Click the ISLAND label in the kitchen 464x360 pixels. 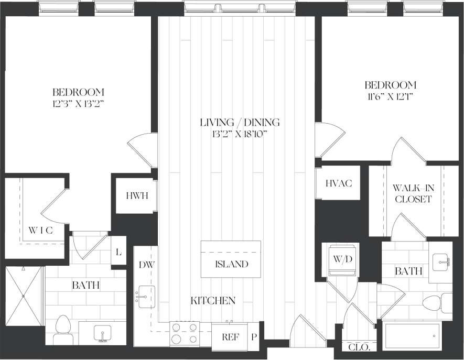click(x=231, y=264)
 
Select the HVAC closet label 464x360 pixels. click(x=338, y=183)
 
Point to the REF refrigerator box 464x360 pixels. click(x=231, y=337)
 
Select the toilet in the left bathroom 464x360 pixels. click(x=62, y=330)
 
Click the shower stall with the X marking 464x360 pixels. click(x=24, y=294)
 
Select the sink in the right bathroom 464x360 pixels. click(x=441, y=260)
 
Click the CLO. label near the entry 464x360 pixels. click(x=359, y=347)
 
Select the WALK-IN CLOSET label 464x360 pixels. click(x=413, y=193)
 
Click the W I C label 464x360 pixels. click(x=40, y=230)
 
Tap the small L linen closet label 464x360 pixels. click(x=118, y=253)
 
